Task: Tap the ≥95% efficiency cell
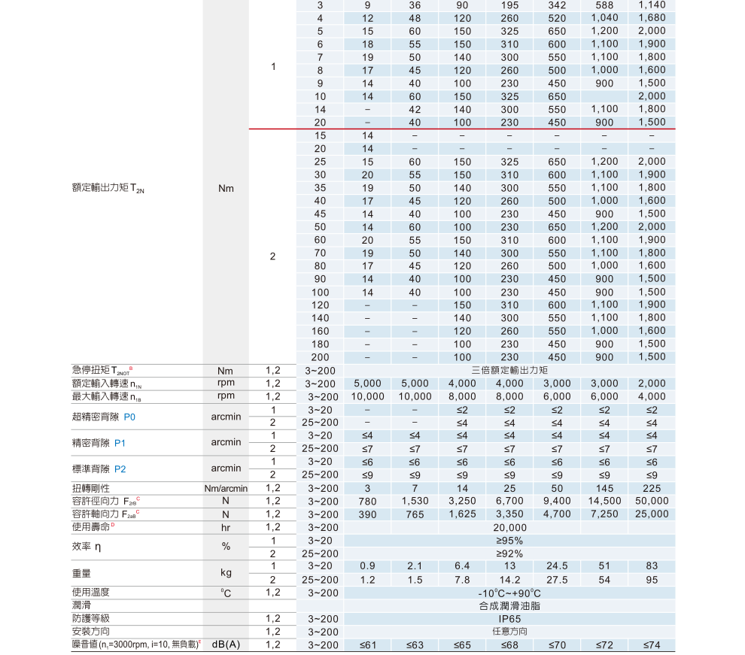509,541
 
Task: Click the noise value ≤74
652,645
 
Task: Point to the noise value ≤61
367,645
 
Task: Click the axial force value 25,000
652,514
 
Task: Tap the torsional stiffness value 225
652,488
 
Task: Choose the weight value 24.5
557,566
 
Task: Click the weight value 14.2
509,580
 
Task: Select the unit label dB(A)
226,645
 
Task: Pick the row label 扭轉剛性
91,488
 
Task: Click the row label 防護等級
91,618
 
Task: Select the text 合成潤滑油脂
509,605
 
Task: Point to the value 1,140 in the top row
652,5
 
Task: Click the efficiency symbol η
100,547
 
